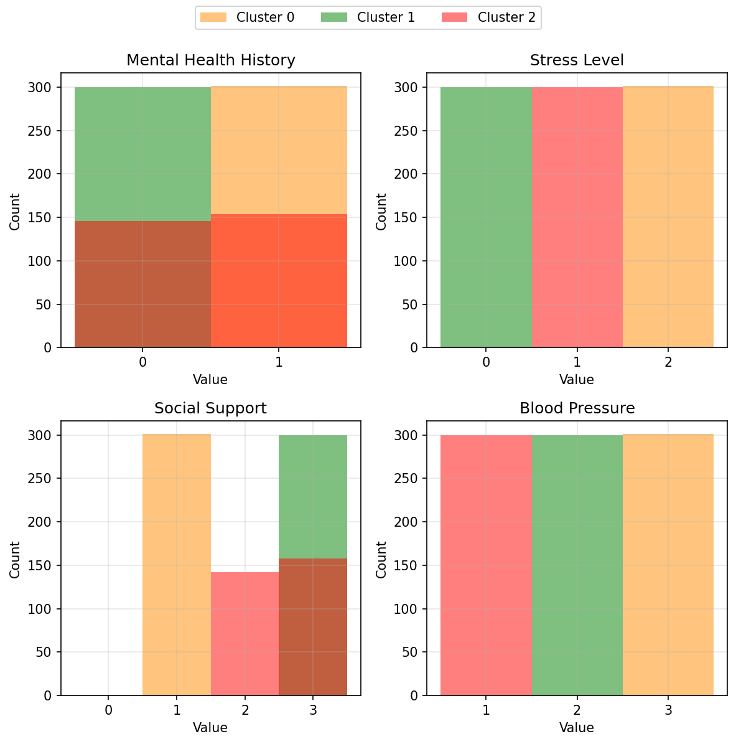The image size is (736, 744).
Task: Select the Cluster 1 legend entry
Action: [368, 17]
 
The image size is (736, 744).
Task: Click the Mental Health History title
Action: [211, 60]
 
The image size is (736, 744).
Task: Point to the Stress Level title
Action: [577, 60]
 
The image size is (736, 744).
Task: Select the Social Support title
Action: [211, 408]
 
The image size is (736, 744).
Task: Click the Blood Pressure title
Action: [577, 408]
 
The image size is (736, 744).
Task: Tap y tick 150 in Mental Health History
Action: [43, 217]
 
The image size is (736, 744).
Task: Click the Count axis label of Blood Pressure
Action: [381, 559]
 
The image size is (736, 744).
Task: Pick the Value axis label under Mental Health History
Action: [210, 380]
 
